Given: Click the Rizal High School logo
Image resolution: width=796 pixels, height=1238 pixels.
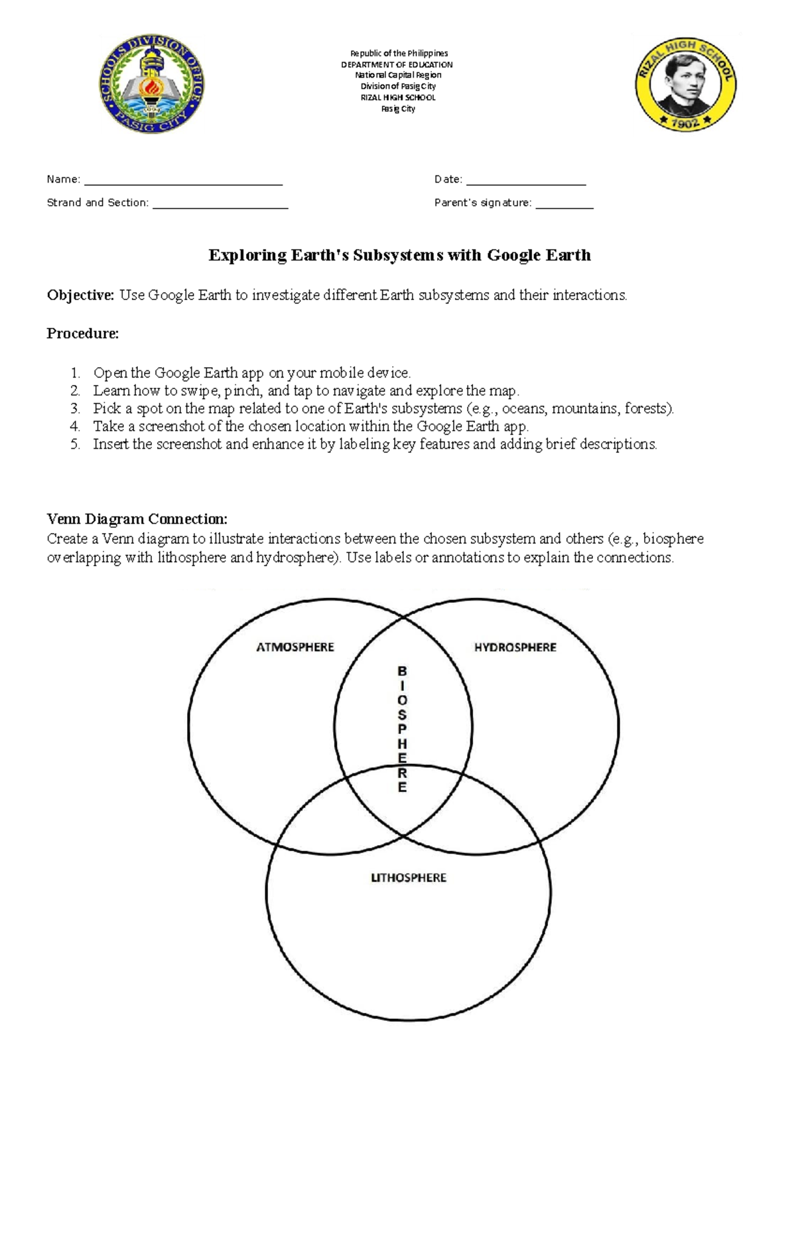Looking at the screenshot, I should [x=685, y=84].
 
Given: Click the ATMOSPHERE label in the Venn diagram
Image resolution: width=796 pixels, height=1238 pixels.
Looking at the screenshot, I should [x=295, y=647].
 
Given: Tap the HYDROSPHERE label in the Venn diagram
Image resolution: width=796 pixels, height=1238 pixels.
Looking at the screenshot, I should [x=515, y=647].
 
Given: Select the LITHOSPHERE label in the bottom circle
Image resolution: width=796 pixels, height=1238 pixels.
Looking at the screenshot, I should [x=408, y=878].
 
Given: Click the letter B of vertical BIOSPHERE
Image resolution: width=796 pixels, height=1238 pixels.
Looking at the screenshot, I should [x=402, y=671].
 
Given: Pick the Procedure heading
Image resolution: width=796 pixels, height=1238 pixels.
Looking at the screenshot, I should [x=82, y=334].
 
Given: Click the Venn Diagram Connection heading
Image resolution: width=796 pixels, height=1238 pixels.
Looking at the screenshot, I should [x=137, y=519].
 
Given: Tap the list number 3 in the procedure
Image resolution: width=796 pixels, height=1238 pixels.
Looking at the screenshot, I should [x=75, y=409].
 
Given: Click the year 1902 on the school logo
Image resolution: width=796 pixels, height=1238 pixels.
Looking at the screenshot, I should [x=685, y=122].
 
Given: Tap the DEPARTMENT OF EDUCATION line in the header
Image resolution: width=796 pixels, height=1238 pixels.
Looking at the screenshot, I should [x=397, y=64].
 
